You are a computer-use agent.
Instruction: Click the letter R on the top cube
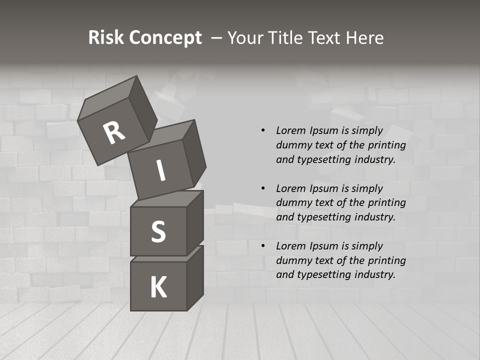pyautogui.click(x=114, y=133)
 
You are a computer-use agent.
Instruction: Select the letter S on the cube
pyautogui.click(x=158, y=231)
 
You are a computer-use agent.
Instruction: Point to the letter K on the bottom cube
pyautogui.click(x=158, y=287)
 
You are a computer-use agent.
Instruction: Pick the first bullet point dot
pyautogui.click(x=263, y=131)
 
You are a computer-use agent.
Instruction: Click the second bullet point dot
pyautogui.click(x=263, y=188)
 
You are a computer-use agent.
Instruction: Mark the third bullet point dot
pyautogui.click(x=263, y=246)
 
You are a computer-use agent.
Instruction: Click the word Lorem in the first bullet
pyautogui.click(x=290, y=130)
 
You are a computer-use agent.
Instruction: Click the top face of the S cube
pyautogui.click(x=168, y=198)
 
